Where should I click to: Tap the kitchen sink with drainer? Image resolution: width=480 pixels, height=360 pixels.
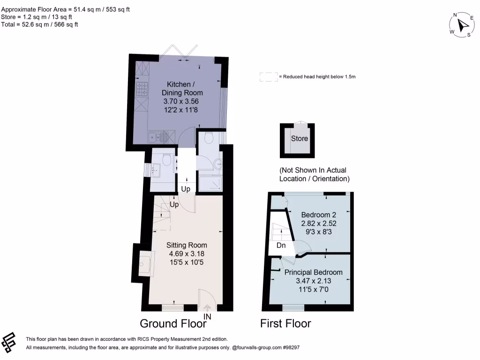coord(157,137)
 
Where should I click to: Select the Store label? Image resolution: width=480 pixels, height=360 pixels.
coord(300,138)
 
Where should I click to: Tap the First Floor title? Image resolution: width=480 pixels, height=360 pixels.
coord(285,323)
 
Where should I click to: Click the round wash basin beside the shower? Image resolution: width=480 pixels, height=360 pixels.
coord(218,164)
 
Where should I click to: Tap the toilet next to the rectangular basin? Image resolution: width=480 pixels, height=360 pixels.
coord(165,161)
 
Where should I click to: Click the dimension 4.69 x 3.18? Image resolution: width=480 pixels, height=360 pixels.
coord(187,254)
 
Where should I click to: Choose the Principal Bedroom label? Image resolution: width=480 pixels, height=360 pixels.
coord(313,272)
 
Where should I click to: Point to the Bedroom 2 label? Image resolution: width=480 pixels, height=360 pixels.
coord(318,215)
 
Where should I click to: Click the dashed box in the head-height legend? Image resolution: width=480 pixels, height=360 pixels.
coord(268,77)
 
